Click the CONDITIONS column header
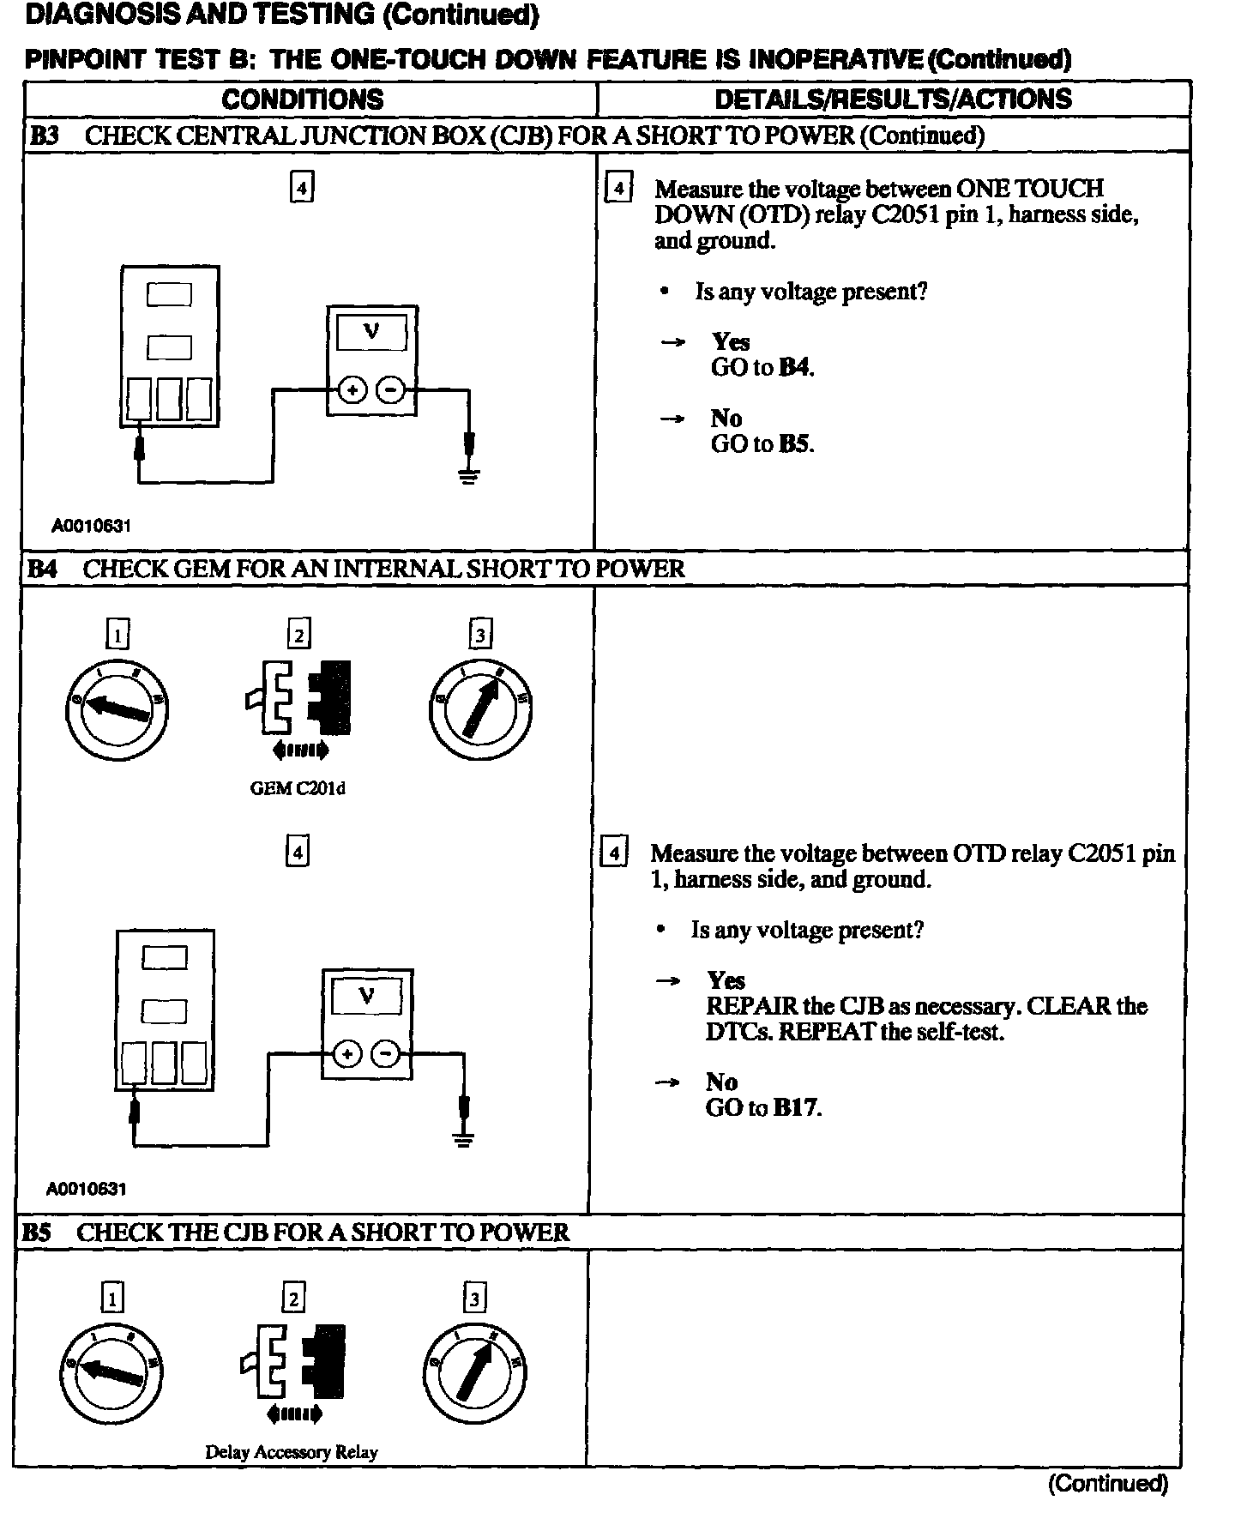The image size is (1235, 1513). pos(302,99)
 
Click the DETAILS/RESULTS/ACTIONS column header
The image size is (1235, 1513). pos(893,99)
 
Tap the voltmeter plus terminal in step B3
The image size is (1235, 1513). pos(352,390)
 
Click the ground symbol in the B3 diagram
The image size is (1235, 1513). pos(468,476)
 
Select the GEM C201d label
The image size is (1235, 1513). pos(297,788)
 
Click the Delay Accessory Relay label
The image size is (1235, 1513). pos(291,1452)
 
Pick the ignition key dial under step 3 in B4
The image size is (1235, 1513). pos(480,708)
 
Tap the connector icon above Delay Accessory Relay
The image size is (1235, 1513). pos(294,1360)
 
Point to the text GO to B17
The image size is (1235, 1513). pos(763,1107)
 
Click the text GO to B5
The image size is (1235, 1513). pos(762,444)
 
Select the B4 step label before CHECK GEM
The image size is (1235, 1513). pos(42,569)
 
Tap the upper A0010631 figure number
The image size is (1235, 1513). pos(91,526)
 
